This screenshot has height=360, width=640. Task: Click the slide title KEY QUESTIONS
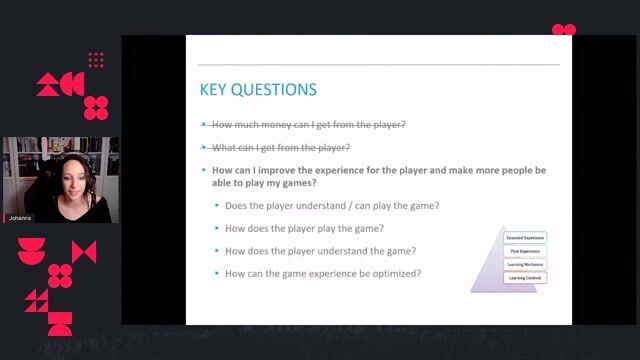tap(258, 90)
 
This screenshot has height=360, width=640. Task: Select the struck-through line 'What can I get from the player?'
tap(281, 148)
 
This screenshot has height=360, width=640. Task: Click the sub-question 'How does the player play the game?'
tap(304, 228)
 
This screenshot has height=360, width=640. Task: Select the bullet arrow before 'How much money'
tap(205, 125)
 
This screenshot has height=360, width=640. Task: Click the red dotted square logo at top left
tap(96, 60)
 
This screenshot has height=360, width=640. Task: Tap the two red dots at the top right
tap(564, 30)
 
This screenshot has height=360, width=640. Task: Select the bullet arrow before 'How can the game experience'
tap(217, 274)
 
